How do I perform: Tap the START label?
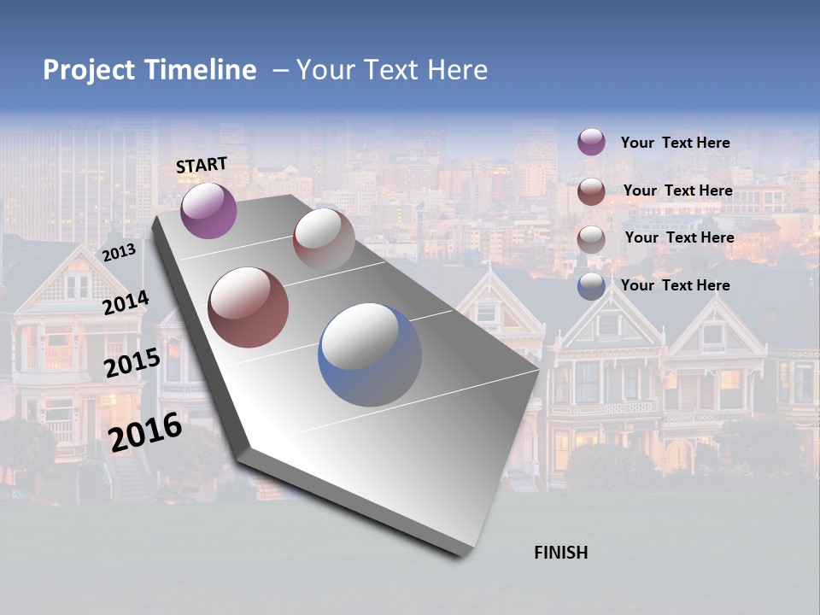[202, 165]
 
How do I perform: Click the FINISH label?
[560, 553]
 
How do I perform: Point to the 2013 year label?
[119, 253]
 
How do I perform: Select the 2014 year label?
[126, 303]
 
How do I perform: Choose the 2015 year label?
[132, 363]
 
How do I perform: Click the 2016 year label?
[144, 431]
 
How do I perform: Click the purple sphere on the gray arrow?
[208, 211]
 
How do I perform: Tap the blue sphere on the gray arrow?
[370, 354]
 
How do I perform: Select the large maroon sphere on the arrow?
[249, 307]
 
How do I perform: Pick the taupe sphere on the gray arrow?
[324, 239]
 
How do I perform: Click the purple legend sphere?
[591, 142]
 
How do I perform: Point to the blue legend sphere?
[591, 286]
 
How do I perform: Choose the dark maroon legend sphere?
[591, 191]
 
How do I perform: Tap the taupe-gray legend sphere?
[591, 239]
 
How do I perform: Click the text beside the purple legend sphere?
[675, 143]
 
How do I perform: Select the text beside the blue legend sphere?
[675, 285]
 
